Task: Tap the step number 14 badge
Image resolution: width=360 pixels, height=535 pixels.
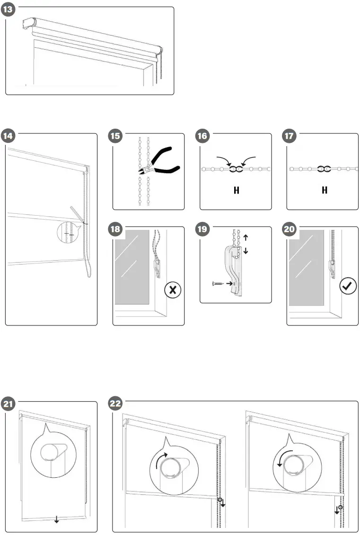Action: coord(9,137)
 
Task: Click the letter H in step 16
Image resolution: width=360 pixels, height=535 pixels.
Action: coord(236,190)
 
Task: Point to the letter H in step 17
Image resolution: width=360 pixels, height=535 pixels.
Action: coord(325,190)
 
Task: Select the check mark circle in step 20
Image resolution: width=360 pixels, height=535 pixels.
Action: coord(349,286)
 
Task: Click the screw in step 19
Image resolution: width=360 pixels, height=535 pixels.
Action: coord(219,283)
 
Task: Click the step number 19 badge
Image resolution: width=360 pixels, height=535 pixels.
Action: coord(203,230)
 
